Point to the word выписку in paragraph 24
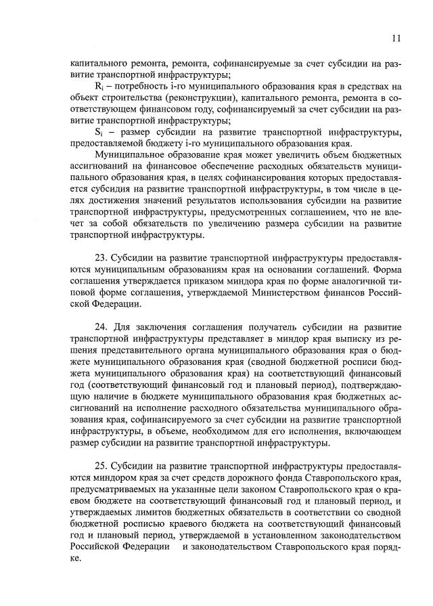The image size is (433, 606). pos(333,339)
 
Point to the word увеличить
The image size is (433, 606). pos(268,155)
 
